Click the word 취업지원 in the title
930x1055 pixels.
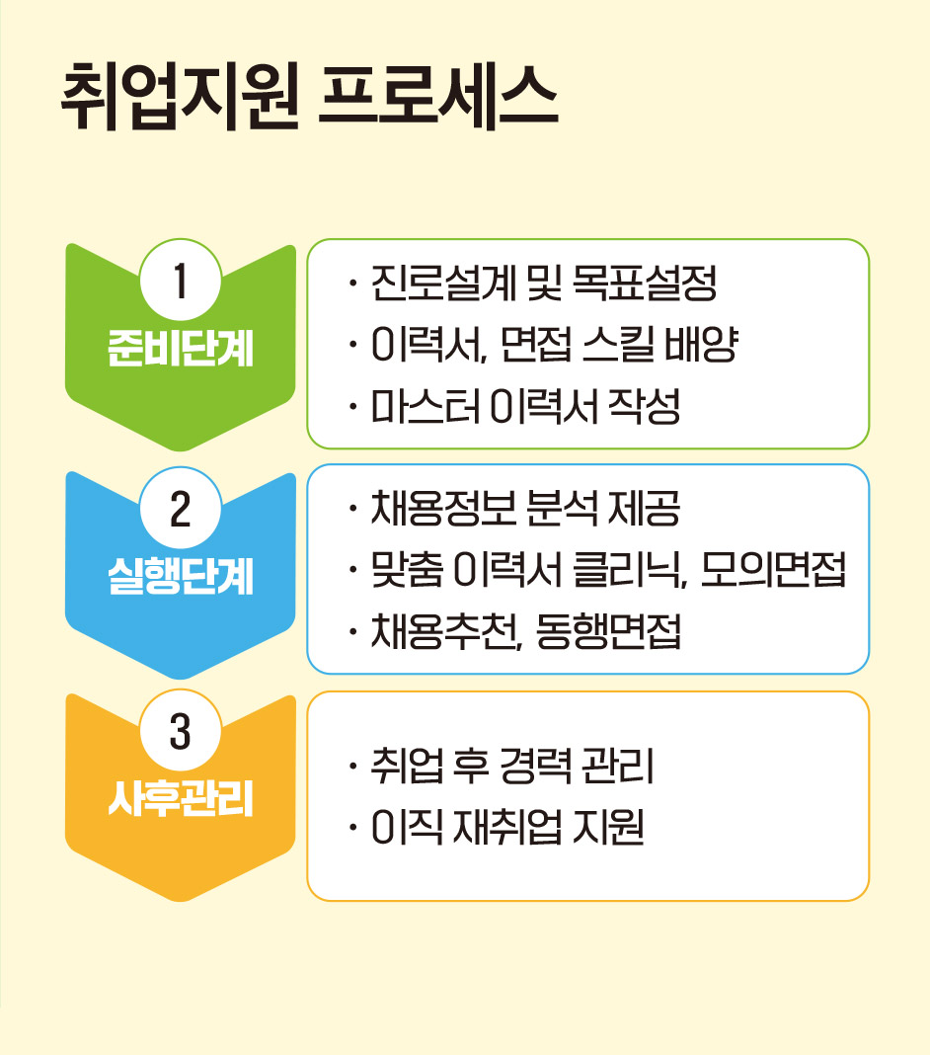click(x=179, y=97)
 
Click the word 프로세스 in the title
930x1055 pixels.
click(x=437, y=97)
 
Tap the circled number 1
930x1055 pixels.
click(x=181, y=280)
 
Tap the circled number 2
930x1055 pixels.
click(x=181, y=508)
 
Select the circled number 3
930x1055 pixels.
click(x=181, y=731)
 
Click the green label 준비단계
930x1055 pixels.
click(x=181, y=348)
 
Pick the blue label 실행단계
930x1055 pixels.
click(x=181, y=576)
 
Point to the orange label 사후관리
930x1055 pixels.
click(x=181, y=798)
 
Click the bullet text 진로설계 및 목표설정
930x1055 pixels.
click(x=543, y=283)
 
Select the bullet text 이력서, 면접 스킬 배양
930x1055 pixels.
click(x=554, y=345)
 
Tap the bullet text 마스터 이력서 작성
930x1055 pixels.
click(x=525, y=406)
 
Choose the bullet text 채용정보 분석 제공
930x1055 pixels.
click(x=525, y=509)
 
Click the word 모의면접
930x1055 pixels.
click(x=773, y=570)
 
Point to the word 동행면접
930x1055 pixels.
click(x=608, y=632)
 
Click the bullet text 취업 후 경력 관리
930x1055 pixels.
click(x=511, y=766)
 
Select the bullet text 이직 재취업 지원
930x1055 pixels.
click(x=507, y=827)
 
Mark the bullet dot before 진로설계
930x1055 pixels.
click(x=352, y=283)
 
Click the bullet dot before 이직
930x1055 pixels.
click(x=352, y=827)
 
